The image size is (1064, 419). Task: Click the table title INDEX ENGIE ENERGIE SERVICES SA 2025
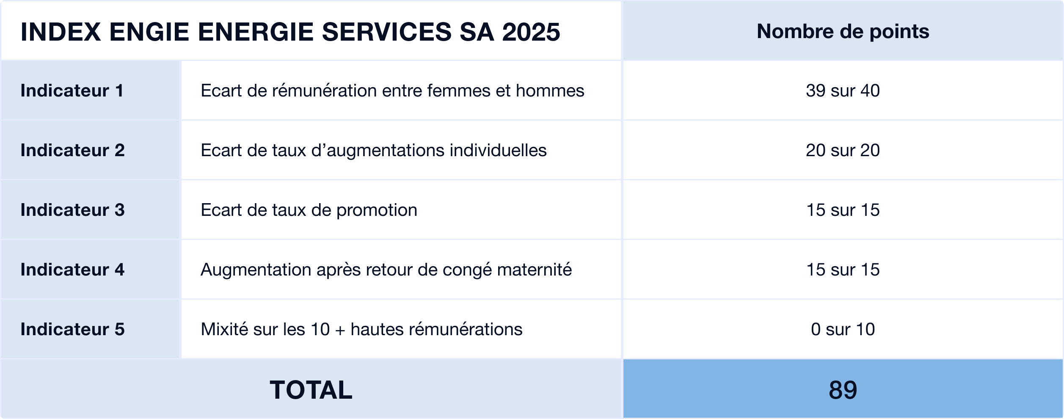(290, 32)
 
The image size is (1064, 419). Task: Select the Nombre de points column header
(843, 31)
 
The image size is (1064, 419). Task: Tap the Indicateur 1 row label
(72, 91)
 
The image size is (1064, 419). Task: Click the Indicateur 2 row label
(72, 150)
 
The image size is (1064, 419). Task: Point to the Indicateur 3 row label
(72, 210)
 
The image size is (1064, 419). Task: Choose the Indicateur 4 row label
(72, 270)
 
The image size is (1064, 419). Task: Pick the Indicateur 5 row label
(72, 329)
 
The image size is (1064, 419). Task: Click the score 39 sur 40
(843, 91)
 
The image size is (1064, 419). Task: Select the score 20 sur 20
(843, 150)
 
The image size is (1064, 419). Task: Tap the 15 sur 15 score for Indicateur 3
(843, 210)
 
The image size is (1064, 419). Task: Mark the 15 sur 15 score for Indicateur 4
(843, 270)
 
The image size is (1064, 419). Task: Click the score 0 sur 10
(843, 329)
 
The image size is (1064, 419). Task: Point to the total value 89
(843, 390)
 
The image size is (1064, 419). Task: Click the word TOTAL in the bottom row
(311, 390)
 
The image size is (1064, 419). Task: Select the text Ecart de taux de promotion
(309, 210)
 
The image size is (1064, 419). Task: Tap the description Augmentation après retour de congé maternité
(386, 270)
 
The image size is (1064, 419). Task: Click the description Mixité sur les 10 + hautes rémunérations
(361, 329)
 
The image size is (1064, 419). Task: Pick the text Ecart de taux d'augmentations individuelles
(373, 150)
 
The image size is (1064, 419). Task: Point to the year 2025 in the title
(531, 32)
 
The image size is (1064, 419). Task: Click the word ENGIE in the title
(149, 32)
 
